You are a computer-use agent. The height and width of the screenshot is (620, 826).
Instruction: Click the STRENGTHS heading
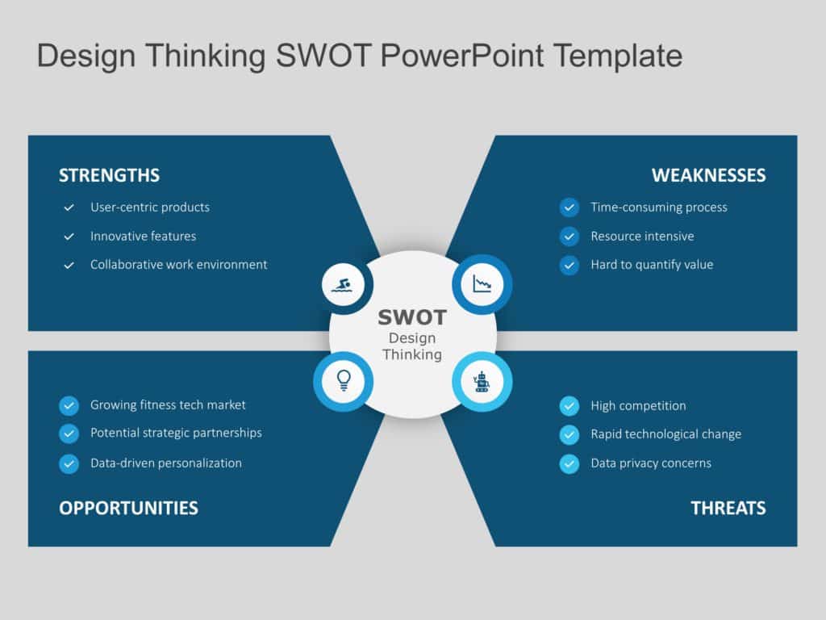tap(109, 175)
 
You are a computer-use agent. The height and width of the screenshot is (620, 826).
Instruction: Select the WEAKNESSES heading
tap(708, 175)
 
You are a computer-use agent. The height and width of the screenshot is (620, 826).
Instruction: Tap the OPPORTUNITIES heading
tap(128, 508)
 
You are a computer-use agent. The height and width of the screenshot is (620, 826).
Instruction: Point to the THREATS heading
tap(728, 508)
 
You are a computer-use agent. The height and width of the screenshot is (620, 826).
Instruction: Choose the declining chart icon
tap(482, 284)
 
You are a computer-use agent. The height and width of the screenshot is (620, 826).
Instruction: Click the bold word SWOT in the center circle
tap(412, 317)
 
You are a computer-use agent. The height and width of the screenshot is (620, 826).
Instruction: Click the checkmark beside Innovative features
tap(69, 237)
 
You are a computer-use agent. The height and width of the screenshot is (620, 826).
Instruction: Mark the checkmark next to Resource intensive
tap(569, 237)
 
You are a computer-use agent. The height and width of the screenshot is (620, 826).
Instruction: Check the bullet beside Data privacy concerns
tap(569, 463)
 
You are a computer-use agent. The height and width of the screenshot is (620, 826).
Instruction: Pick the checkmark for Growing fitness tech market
tap(69, 405)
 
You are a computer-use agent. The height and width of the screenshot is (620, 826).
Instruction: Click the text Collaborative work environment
tap(178, 265)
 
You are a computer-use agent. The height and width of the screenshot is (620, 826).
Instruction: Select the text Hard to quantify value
tap(652, 265)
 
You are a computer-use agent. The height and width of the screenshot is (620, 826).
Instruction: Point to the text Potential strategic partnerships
tap(176, 433)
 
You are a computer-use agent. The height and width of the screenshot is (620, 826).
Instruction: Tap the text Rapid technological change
tap(665, 434)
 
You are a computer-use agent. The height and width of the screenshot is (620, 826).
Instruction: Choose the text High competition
tap(638, 406)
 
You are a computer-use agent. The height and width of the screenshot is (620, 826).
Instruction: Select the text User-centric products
tap(149, 207)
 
